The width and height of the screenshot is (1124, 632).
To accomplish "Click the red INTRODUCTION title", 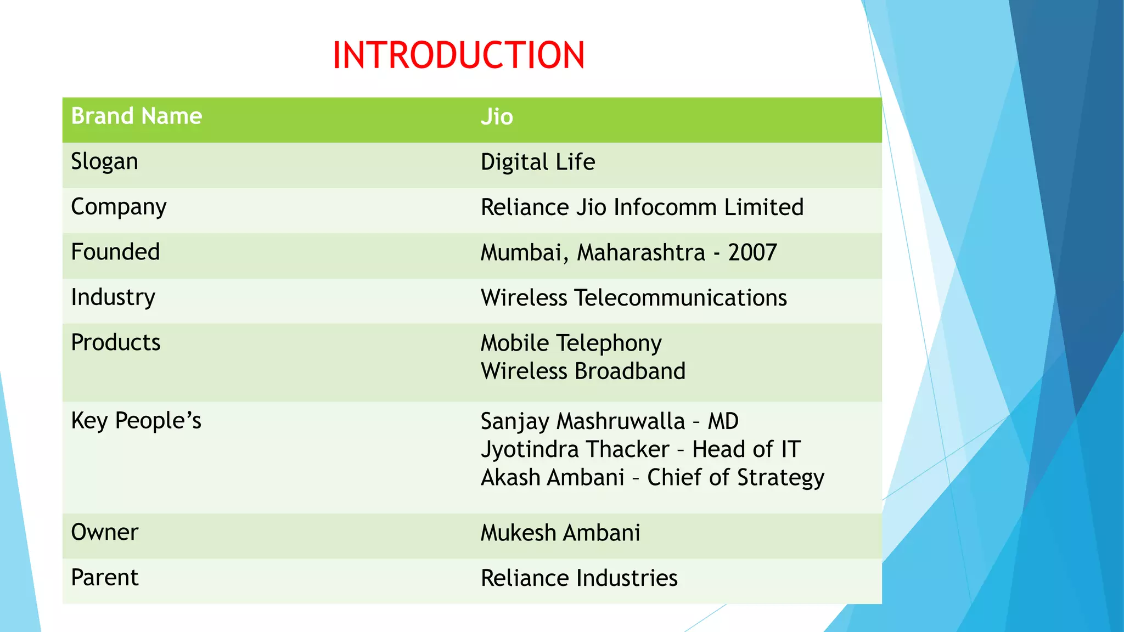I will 458,55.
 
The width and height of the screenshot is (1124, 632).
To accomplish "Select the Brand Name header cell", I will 137,116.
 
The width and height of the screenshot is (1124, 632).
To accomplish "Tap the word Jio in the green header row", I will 497,117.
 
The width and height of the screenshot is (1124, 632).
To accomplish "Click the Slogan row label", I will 104,162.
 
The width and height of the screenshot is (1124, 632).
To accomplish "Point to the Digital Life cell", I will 538,162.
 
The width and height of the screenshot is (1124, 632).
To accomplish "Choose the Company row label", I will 119,207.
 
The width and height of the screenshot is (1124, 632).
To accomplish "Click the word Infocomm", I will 665,207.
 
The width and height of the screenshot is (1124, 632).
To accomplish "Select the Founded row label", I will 115,252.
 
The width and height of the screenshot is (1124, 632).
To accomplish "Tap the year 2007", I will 752,253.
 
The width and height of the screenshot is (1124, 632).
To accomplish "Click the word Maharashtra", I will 641,253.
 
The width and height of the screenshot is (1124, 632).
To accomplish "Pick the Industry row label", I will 113,298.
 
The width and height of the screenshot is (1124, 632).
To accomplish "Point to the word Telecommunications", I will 681,298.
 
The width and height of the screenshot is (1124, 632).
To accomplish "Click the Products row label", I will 116,343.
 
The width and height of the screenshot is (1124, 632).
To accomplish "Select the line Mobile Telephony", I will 571,343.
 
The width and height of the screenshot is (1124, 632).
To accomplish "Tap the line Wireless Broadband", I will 583,371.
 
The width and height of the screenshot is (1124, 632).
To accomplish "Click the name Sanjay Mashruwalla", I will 583,421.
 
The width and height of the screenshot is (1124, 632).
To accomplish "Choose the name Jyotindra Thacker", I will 575,449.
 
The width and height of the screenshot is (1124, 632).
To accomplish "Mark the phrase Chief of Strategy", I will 735,477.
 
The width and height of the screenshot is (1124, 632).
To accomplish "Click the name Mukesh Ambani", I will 560,533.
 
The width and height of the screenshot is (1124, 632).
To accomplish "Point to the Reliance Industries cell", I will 579,578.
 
